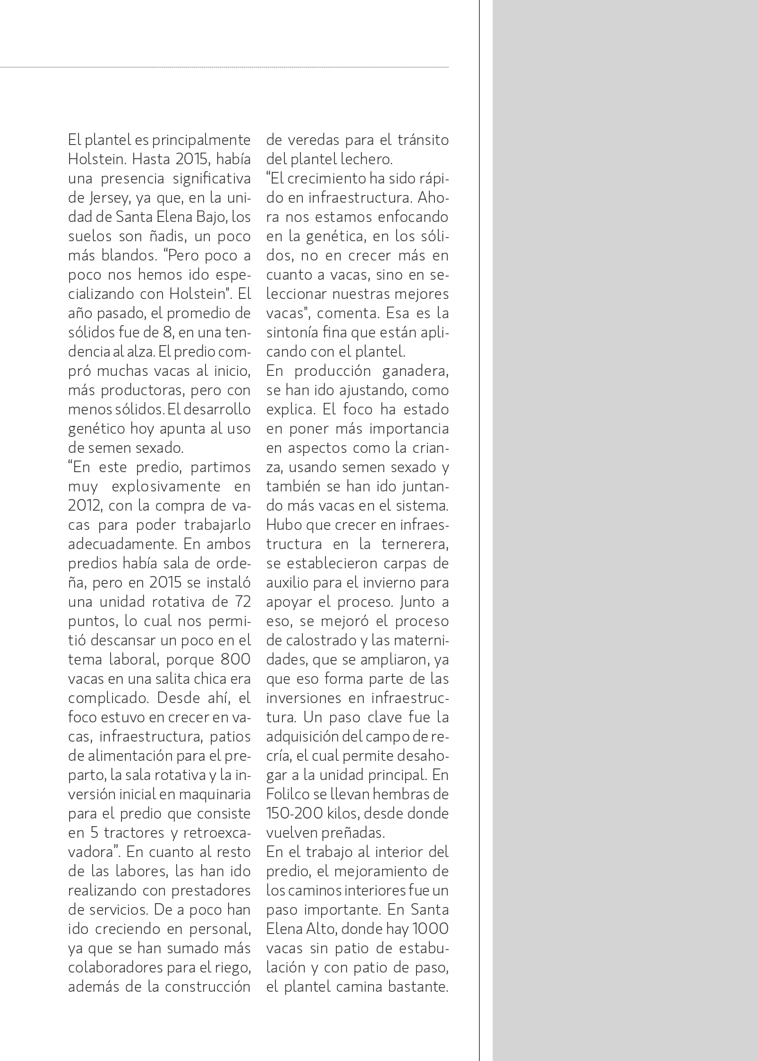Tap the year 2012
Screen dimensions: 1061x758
click(x=84, y=505)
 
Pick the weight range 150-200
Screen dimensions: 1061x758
click(x=294, y=813)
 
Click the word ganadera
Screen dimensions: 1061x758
click(x=415, y=371)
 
